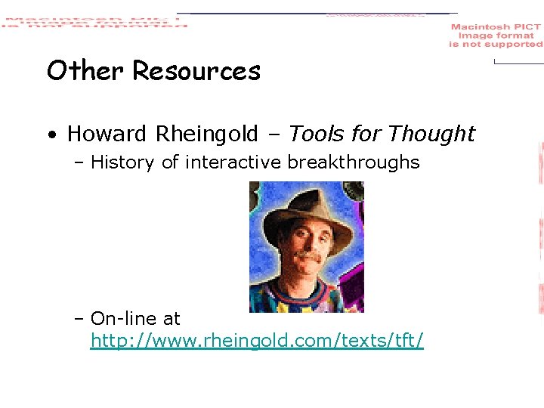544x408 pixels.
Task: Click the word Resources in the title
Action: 196,71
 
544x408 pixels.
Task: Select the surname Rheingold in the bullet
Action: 206,134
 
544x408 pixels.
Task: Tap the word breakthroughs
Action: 357,162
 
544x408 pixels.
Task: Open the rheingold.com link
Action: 257,342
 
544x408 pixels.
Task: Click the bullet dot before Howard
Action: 50,136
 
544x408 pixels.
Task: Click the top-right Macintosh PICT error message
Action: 496,36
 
